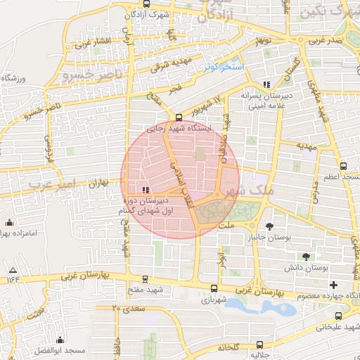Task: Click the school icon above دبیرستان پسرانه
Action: click(x=265, y=85)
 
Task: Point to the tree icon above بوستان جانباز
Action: click(x=270, y=226)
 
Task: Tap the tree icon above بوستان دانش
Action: click(x=305, y=257)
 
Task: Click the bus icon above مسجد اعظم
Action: click(x=342, y=167)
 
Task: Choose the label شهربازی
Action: click(x=214, y=300)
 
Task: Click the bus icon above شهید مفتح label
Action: click(x=145, y=279)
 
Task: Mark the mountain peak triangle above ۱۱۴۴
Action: click(x=13, y=270)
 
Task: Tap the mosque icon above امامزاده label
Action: click(x=9, y=223)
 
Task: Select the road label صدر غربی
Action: click(x=329, y=41)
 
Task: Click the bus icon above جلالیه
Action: click(x=259, y=345)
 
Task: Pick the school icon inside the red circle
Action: click(x=145, y=190)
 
